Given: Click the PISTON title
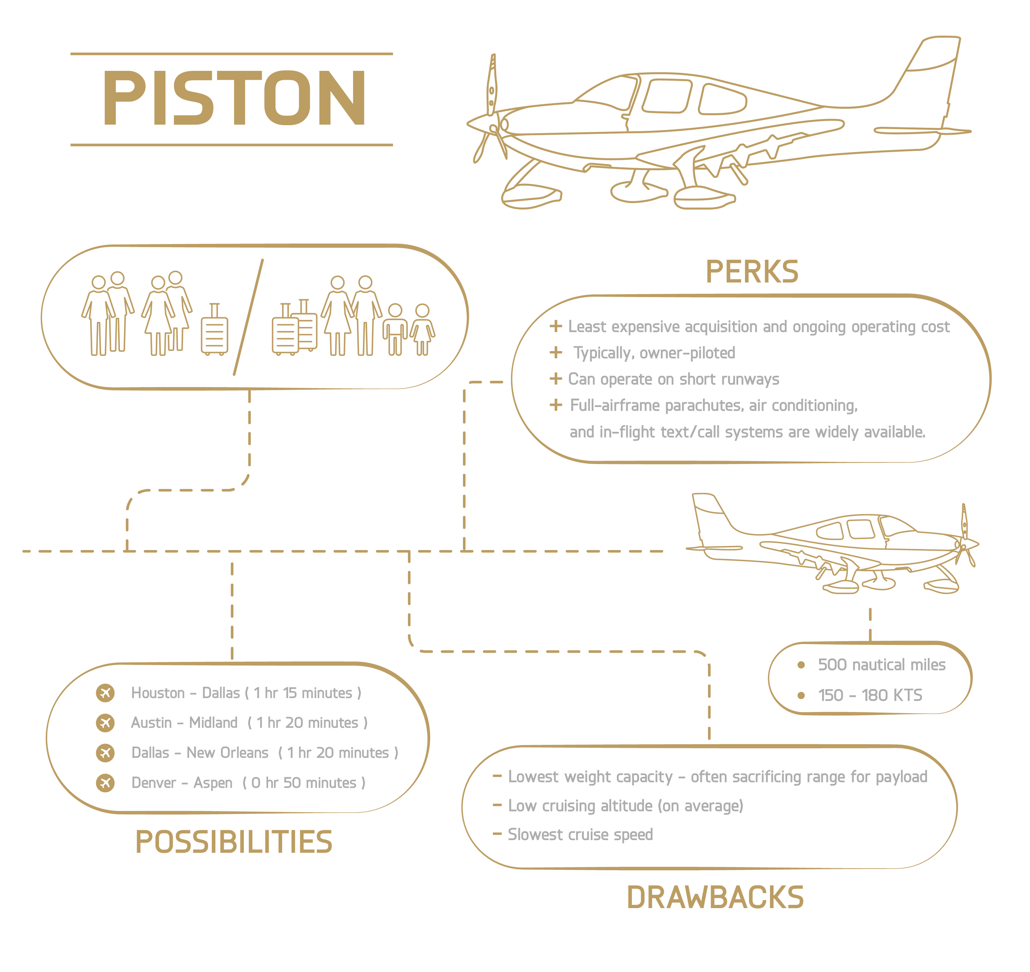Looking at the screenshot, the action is (x=234, y=98).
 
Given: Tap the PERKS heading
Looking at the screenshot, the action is (x=752, y=272).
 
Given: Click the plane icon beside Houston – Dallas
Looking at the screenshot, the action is (x=105, y=693).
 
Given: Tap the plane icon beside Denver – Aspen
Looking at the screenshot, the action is (x=105, y=782).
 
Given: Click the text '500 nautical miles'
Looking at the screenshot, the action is (x=881, y=665).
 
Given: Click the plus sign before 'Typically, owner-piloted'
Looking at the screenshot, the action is (x=555, y=352).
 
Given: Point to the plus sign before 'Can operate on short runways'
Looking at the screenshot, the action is (x=555, y=379).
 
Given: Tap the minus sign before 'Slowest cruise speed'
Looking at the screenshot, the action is (x=497, y=834).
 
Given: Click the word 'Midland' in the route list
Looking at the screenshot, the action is (x=213, y=722).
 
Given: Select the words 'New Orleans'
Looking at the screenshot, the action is (x=227, y=752).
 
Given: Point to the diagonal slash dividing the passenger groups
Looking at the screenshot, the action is (x=248, y=317).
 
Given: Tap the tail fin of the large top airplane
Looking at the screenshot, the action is (x=933, y=67).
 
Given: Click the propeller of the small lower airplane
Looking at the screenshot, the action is (x=965, y=536).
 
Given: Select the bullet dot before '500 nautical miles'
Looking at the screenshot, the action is (x=801, y=665).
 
